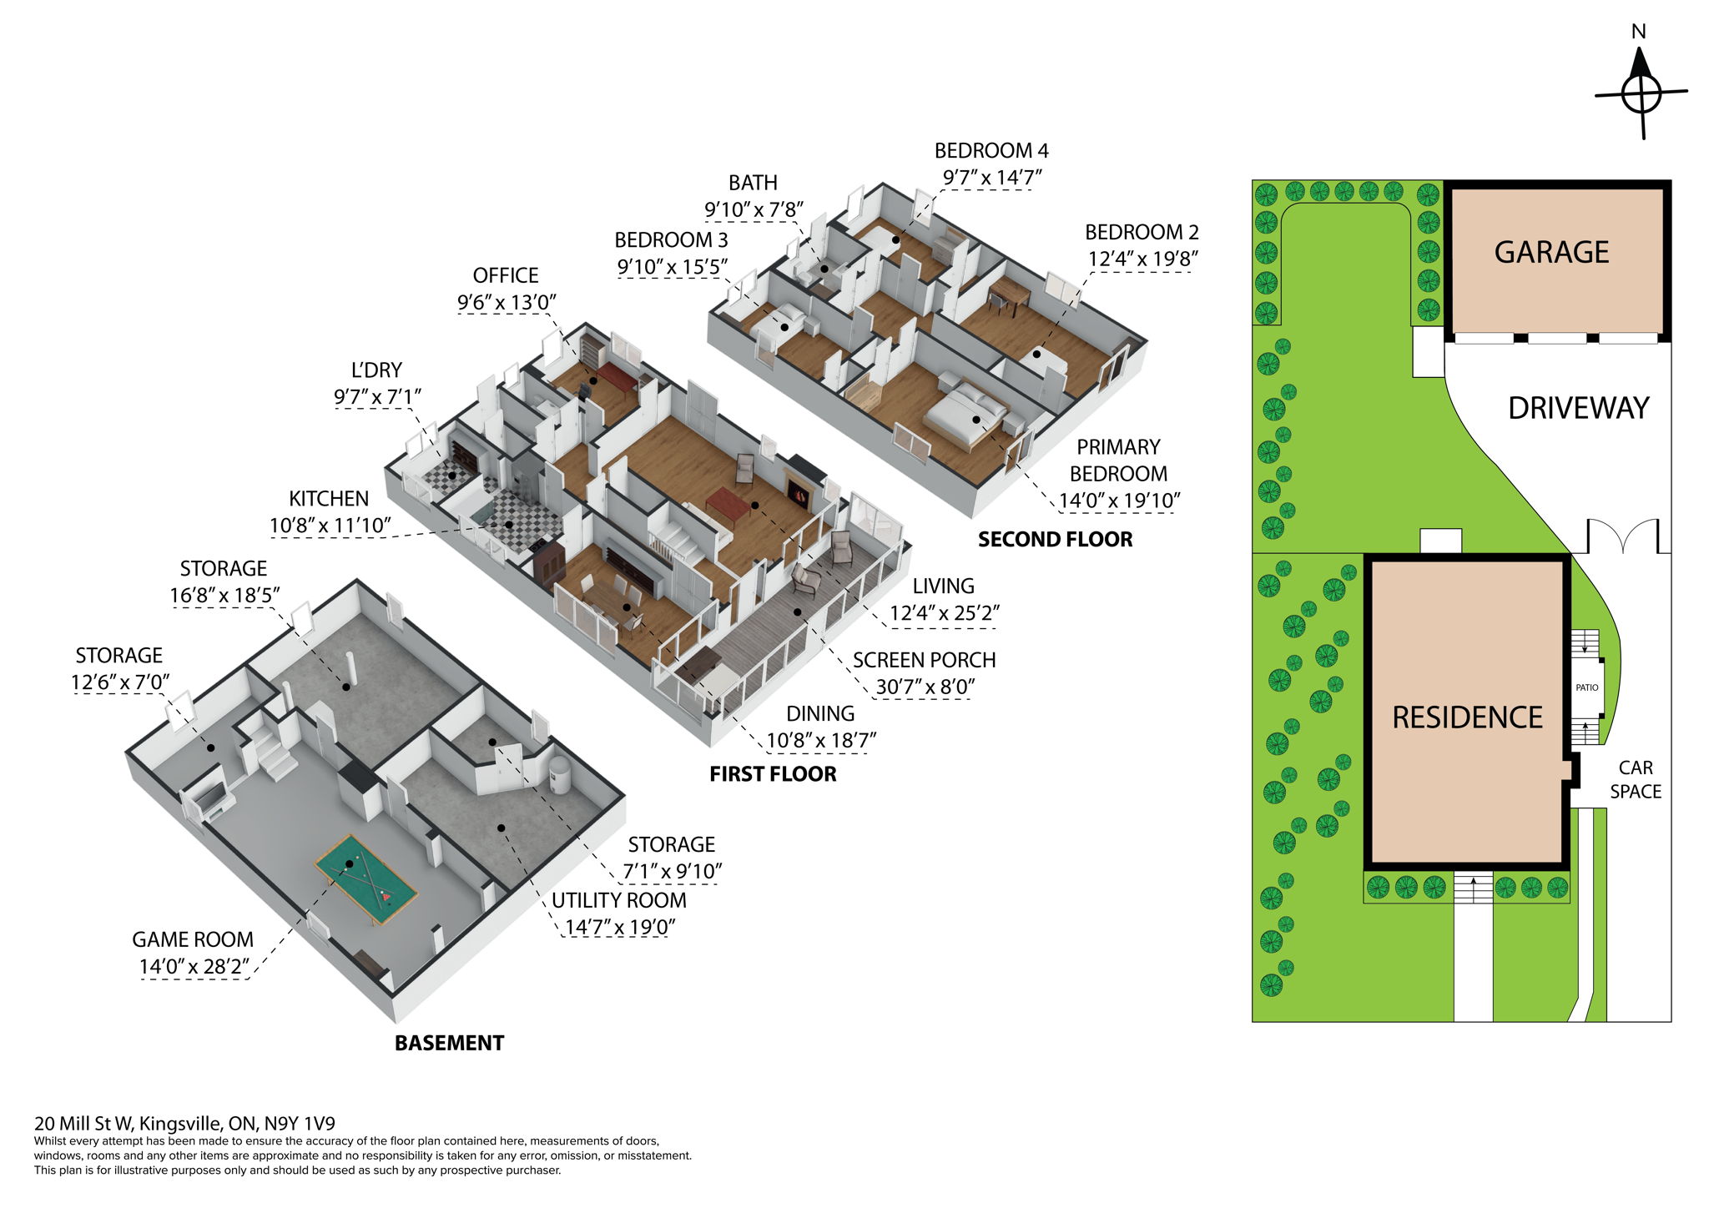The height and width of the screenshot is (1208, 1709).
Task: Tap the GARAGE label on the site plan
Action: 1551,252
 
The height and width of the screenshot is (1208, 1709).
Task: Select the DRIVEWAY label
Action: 1578,408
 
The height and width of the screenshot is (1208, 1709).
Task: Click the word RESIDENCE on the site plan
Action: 1467,717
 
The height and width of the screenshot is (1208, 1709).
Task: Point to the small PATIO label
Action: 1586,687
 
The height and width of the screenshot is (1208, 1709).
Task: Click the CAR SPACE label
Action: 1635,779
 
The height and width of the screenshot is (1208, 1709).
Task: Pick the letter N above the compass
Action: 1638,33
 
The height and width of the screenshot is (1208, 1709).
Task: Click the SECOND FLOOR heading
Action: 1055,540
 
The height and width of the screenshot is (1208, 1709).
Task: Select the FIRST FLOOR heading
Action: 773,774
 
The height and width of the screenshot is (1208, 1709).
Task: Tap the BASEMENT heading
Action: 449,1043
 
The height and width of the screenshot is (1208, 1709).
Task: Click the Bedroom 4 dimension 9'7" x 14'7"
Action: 992,178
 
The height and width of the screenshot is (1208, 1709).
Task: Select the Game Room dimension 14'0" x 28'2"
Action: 194,967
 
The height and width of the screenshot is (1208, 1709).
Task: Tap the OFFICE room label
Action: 505,275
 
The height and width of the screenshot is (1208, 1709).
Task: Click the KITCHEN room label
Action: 328,499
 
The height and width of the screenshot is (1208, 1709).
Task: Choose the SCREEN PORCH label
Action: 924,660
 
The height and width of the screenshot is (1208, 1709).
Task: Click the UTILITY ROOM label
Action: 618,900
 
